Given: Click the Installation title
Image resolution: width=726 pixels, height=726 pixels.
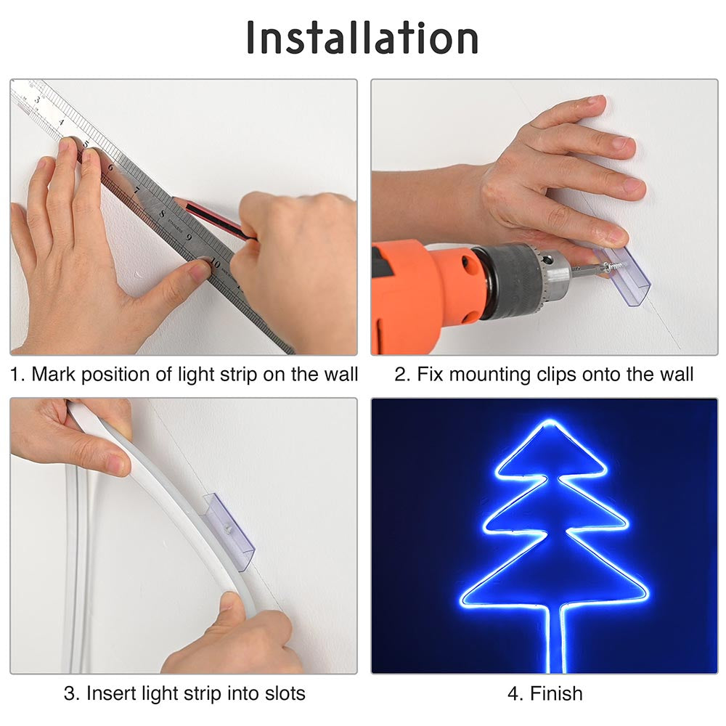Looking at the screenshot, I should click(362, 38).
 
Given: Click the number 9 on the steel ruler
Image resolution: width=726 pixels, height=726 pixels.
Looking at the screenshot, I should click(188, 237).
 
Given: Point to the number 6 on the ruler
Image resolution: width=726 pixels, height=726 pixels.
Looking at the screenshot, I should click(110, 168).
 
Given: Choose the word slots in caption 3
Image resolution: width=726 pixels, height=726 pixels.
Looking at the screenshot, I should click(280, 693).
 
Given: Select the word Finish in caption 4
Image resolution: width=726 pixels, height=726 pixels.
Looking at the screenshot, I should click(556, 693).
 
